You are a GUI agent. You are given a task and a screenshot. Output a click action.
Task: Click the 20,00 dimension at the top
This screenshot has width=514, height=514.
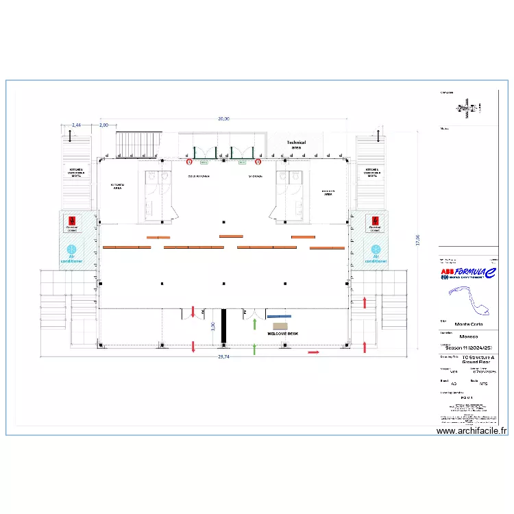coord(223,119)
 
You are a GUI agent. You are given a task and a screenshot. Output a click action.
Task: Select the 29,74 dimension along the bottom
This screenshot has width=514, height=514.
coord(223,357)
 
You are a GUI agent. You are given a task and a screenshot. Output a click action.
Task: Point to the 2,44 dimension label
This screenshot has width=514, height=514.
coord(76,125)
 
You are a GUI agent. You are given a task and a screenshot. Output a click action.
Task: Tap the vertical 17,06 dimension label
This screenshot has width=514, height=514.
coord(418,240)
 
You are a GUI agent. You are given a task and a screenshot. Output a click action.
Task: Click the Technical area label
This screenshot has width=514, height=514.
coord(296,145)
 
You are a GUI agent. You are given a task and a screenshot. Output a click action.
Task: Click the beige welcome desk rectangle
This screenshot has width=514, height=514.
coord(280,326)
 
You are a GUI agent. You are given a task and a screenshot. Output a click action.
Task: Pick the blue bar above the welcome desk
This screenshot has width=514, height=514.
coord(279,317)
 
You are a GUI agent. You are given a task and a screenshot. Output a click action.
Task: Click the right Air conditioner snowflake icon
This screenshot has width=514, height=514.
coord(375,249)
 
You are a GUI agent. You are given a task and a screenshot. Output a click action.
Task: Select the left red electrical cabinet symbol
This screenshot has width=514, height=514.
coord(71,220)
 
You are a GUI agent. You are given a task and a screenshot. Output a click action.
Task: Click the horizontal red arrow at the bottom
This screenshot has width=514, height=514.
coord(313,352)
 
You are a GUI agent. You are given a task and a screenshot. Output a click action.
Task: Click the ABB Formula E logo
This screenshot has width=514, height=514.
coord(469,273)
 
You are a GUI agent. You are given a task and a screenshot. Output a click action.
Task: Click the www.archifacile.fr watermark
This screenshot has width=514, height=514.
coord(472,431)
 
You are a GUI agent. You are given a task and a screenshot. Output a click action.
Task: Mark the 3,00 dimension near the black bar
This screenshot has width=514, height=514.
coord(213,327)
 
